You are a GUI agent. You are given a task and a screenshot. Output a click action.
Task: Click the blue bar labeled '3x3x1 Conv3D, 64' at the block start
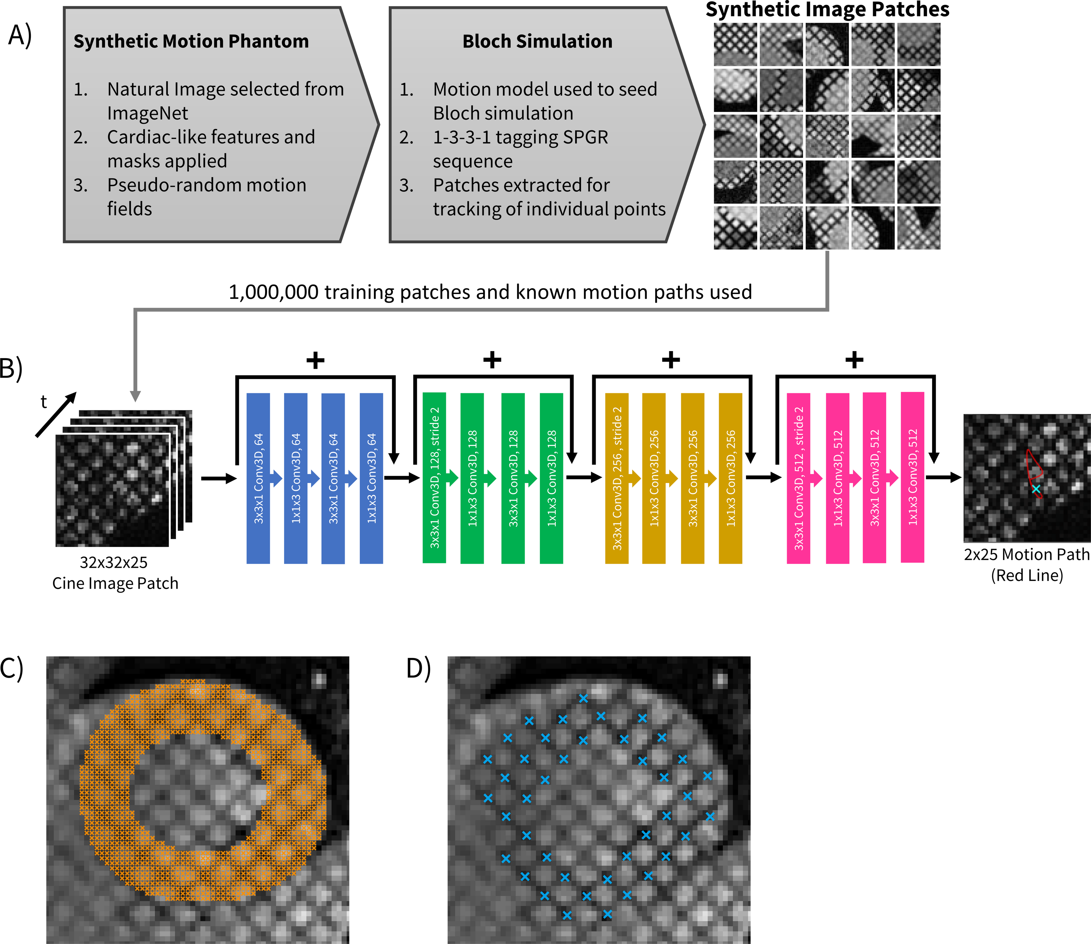click(258, 478)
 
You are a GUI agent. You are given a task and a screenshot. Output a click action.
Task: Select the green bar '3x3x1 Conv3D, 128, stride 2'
click(434, 478)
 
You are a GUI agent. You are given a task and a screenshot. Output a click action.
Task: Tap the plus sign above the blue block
click(315, 361)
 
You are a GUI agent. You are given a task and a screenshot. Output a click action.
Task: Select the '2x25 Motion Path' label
click(1026, 555)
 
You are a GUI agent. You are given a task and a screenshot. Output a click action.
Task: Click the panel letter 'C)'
click(12, 669)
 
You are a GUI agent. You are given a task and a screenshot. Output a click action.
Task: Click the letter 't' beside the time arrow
click(44, 402)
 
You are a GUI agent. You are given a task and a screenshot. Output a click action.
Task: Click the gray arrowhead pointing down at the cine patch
click(135, 396)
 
